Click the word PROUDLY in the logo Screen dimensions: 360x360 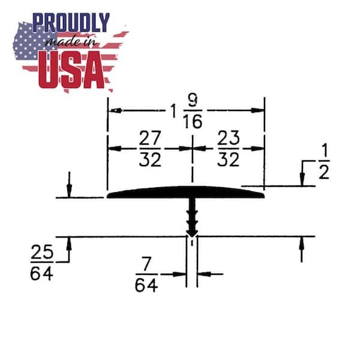pos(71,22)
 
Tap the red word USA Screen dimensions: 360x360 pos(71,70)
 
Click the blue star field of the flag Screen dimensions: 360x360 pos(34,41)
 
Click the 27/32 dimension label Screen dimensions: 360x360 pos(150,149)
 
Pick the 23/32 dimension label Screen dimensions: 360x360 pos(228,149)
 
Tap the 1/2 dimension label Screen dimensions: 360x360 pos(324,161)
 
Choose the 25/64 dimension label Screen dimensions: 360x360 pos(42,262)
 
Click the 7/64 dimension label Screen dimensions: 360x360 pos(146,274)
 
